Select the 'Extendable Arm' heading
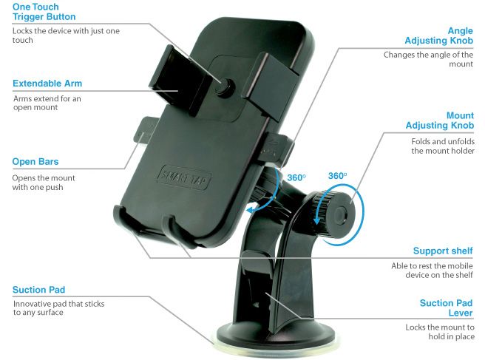pyautogui.click(x=48, y=83)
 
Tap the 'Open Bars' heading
pyautogui.click(x=35, y=162)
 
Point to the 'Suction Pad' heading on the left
pyautogui.click(x=39, y=290)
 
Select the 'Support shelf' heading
pyautogui.click(x=442, y=251)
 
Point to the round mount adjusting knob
pyautogui.click(x=339, y=215)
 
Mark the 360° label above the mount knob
pyautogui.click(x=337, y=177)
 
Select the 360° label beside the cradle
pyautogui.click(x=296, y=178)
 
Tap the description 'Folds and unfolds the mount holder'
pyautogui.click(x=442, y=146)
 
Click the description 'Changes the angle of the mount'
pyautogui.click(x=428, y=60)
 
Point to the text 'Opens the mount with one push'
pyautogui.click(x=44, y=183)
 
